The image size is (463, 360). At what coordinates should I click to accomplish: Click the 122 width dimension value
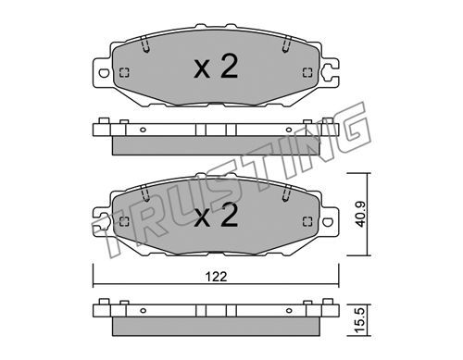click(216, 277)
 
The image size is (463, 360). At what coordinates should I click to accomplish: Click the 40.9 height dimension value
click(360, 214)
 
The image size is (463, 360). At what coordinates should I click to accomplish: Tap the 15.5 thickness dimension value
click(360, 320)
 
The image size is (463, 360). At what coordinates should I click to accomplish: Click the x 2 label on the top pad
click(216, 67)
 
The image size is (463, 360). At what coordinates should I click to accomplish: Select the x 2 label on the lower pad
click(216, 216)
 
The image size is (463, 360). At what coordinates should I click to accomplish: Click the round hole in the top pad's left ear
click(104, 73)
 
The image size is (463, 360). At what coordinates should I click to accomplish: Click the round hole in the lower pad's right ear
click(328, 221)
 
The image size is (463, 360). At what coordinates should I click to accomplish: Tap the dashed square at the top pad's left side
click(124, 73)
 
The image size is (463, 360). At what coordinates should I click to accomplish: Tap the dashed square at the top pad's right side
click(307, 73)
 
